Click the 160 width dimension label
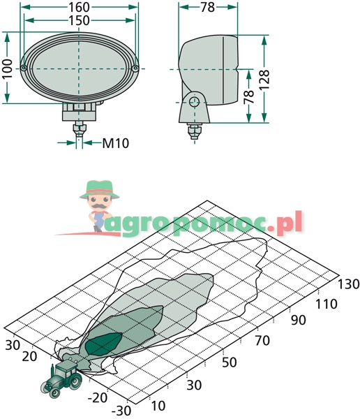click(x=79, y=7)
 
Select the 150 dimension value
click(x=79, y=20)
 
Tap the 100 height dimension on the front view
click(x=8, y=68)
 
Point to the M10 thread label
click(x=116, y=143)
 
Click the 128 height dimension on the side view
click(x=264, y=80)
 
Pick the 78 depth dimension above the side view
click(x=207, y=7)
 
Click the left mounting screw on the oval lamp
click(x=24, y=68)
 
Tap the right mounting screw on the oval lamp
click(x=135, y=68)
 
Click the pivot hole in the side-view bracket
click(x=194, y=102)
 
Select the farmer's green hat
click(x=99, y=189)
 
